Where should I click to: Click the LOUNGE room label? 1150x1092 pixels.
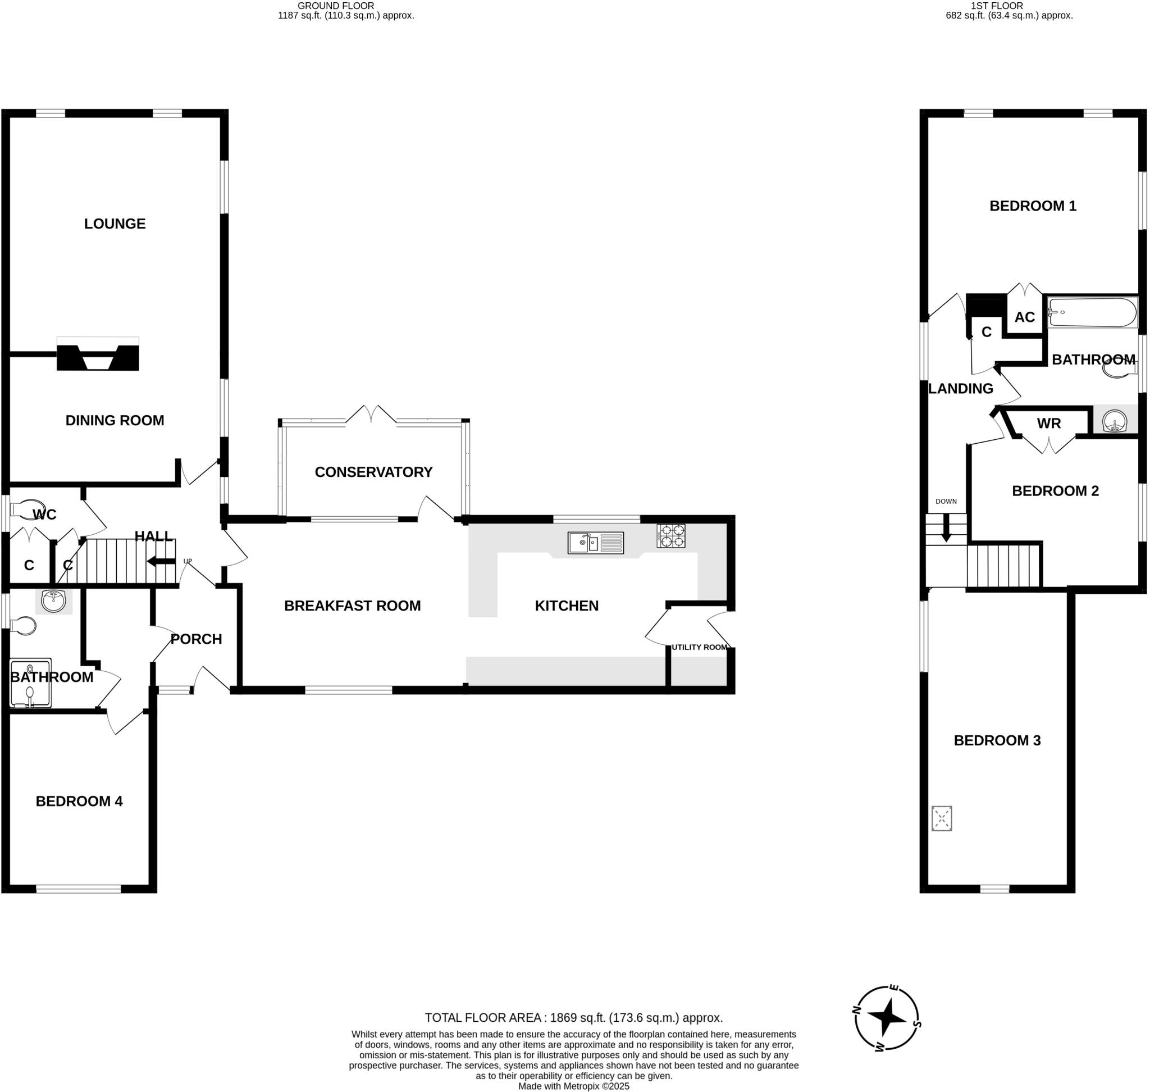tap(115, 224)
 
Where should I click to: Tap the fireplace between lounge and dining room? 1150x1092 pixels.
tap(98, 357)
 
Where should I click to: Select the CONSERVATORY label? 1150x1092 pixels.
tap(373, 471)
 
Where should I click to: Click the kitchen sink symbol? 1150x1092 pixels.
tap(595, 543)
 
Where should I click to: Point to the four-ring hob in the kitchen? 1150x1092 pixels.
tap(670, 536)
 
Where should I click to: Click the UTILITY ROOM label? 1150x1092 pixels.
tap(699, 647)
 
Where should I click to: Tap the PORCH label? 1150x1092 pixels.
tap(196, 639)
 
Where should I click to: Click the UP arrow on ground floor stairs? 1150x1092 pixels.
tap(161, 561)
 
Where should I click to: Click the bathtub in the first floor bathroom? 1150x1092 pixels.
tap(1091, 312)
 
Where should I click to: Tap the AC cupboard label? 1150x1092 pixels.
tap(1024, 317)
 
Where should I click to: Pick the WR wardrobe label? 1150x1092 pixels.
tap(1049, 423)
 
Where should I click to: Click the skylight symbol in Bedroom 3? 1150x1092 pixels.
tap(941, 818)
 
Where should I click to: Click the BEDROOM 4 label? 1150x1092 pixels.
tap(79, 801)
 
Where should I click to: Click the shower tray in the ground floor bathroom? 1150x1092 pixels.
tap(30, 682)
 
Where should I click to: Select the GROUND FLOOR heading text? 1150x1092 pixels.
tap(336, 6)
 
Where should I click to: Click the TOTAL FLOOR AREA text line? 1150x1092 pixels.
tap(573, 1017)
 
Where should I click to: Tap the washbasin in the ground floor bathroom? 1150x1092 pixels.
tap(53, 600)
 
